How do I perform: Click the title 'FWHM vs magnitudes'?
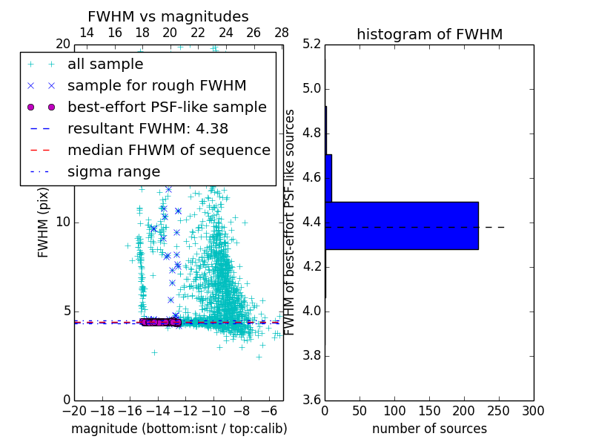168,16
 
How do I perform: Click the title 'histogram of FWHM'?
429,34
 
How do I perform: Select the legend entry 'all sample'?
105,65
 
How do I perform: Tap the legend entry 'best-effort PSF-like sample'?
167,108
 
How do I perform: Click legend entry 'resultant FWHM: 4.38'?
148,129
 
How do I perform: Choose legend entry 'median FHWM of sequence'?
168,151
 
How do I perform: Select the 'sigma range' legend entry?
113,172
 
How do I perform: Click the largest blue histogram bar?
401,225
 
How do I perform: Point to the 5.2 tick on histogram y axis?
312,44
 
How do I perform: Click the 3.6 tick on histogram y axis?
312,400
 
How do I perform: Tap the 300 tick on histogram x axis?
533,411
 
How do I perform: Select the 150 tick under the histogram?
429,411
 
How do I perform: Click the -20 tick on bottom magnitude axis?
74,411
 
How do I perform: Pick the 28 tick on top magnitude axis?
282,33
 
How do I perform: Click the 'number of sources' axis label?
429,429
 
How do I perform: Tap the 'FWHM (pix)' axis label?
44,222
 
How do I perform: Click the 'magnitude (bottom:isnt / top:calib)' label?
179,429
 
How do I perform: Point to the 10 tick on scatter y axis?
62,222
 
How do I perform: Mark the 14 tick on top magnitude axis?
86,33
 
